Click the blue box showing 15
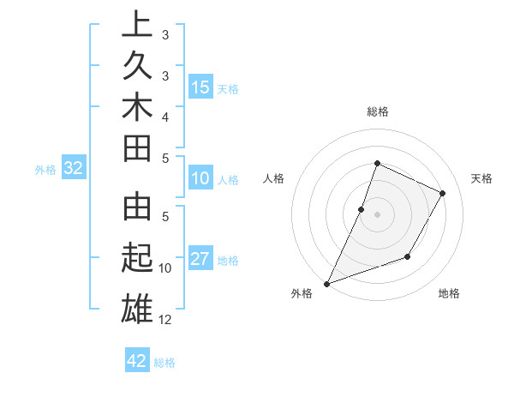[200, 87]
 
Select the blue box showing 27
[200, 260]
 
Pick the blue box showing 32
[74, 169]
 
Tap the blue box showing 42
[137, 361]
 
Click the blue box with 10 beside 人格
[200, 179]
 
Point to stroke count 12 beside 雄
[165, 320]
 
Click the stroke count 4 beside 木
[165, 117]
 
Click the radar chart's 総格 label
[377, 111]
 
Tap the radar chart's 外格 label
[302, 294]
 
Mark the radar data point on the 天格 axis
[443, 193]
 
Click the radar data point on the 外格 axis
[326, 283]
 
